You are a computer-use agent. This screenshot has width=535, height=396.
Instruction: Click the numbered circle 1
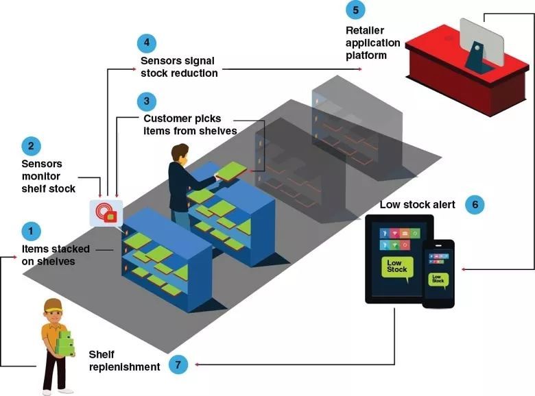coord(30,230)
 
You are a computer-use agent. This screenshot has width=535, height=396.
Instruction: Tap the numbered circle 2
coord(30,146)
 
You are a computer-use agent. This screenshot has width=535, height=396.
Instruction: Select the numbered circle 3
coord(146,102)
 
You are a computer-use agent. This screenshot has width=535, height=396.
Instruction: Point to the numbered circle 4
coord(146,44)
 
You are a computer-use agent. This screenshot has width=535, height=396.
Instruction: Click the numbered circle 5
coord(355,10)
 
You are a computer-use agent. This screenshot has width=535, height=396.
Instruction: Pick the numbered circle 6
coord(475,204)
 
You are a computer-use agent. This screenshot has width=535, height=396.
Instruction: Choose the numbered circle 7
coord(177,364)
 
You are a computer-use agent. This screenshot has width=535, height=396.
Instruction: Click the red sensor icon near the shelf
coord(106,213)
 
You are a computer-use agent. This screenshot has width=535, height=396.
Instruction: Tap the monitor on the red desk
coord(481,39)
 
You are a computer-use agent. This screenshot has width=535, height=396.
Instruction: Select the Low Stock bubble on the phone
coord(437,280)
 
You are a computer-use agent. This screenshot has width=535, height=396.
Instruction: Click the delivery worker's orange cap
coord(53,305)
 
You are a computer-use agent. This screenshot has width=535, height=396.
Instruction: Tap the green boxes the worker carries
coord(65,343)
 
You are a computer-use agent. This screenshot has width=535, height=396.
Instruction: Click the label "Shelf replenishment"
coord(124,360)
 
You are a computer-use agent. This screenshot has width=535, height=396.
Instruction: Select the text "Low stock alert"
coord(414,205)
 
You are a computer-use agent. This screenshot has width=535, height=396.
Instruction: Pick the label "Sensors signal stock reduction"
coord(174,67)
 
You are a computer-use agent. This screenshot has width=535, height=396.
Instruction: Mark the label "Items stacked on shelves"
coord(49,255)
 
